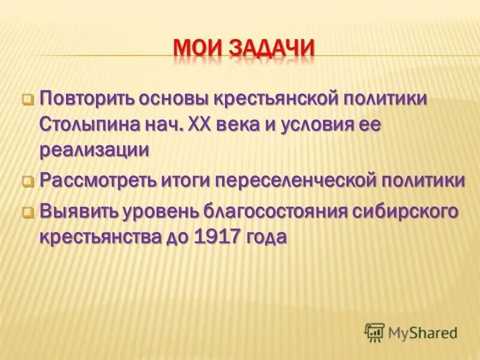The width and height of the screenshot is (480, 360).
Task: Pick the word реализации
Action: click(x=94, y=151)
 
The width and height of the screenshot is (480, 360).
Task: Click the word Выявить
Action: click(x=79, y=212)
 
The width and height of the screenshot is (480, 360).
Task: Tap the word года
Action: click(x=265, y=238)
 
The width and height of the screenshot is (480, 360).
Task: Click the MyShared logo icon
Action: click(x=374, y=332)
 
